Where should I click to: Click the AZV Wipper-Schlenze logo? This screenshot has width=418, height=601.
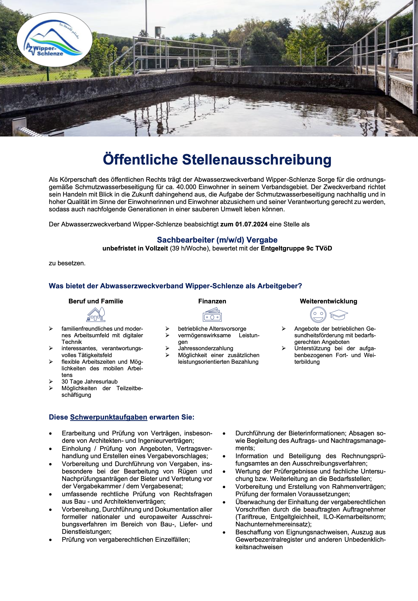click(x=55, y=40)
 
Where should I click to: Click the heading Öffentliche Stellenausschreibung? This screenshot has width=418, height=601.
click(x=217, y=160)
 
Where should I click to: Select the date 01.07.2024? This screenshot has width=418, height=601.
click(x=251, y=224)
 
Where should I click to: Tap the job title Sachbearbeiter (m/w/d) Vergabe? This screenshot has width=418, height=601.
click(x=217, y=240)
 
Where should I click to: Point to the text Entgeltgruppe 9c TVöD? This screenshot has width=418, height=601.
click(x=296, y=248)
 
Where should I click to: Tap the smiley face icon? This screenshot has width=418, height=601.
click(x=318, y=315)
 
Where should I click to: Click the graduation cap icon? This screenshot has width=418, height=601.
click(x=339, y=315)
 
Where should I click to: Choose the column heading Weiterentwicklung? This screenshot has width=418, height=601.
click(x=328, y=301)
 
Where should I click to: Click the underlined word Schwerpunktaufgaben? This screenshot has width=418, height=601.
click(x=109, y=417)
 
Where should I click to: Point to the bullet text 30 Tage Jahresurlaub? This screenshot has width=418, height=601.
click(x=90, y=381)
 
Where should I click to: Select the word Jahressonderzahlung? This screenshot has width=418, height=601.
click(x=206, y=348)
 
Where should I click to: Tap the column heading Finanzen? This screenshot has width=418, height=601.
click(x=212, y=301)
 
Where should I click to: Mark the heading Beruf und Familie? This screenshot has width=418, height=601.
click(x=96, y=301)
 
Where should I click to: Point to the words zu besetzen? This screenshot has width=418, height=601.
click(x=67, y=263)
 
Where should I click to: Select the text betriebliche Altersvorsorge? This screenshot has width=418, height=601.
click(x=212, y=329)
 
